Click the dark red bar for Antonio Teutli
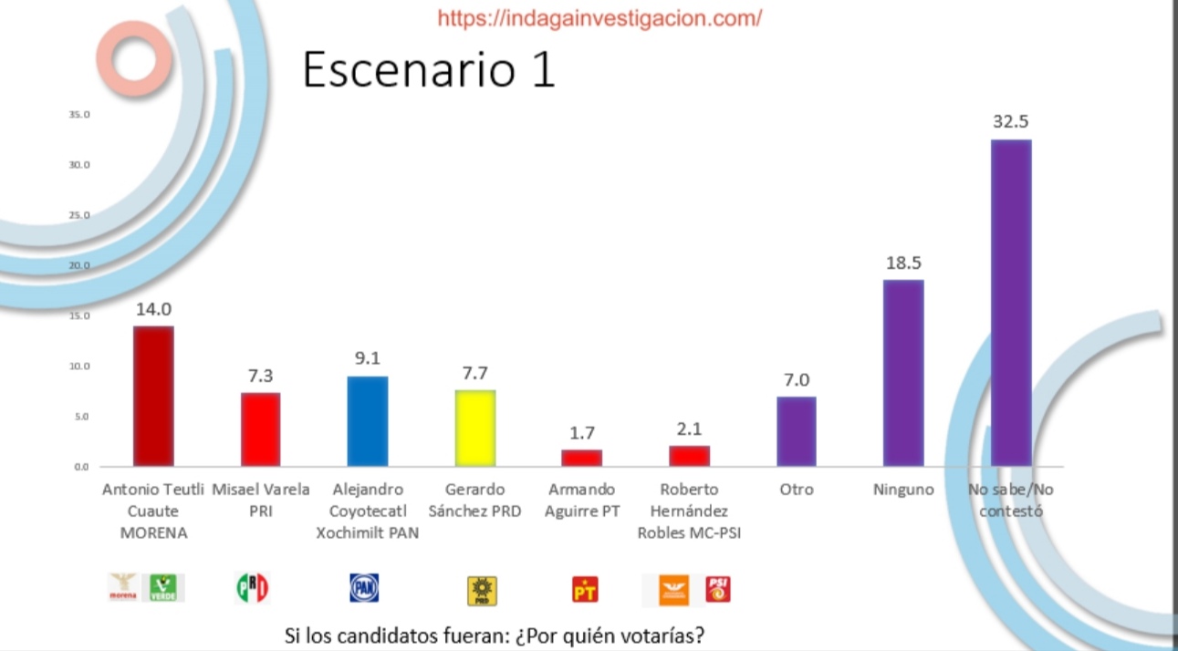pyautogui.click(x=153, y=396)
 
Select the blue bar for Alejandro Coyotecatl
pyautogui.click(x=368, y=420)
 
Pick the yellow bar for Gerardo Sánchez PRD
pyautogui.click(x=474, y=428)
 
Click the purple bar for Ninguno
pyautogui.click(x=903, y=373)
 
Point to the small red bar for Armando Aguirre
pyautogui.click(x=581, y=458)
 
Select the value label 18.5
pyautogui.click(x=903, y=263)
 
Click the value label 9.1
pyautogui.click(x=368, y=359)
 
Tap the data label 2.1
pyautogui.click(x=689, y=429)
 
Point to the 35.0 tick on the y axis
pyautogui.click(x=79, y=115)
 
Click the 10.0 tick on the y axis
pyautogui.click(x=79, y=367)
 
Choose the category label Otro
pyautogui.click(x=797, y=490)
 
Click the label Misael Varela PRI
pyautogui.click(x=261, y=501)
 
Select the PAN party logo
pyautogui.click(x=364, y=588)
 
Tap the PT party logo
pyautogui.click(x=585, y=590)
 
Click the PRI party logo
pyautogui.click(x=253, y=588)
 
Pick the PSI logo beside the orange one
pyautogui.click(x=719, y=589)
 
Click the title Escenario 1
pyautogui.click(x=429, y=70)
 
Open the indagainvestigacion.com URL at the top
pyautogui.click(x=599, y=17)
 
